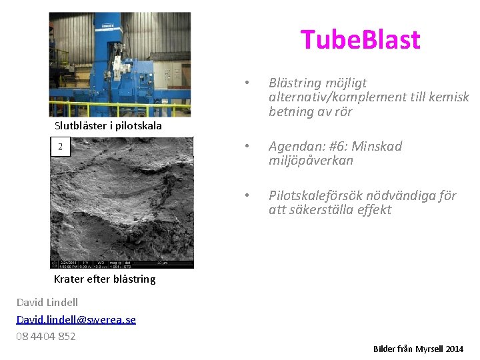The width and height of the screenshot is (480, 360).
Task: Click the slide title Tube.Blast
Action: tap(360, 40)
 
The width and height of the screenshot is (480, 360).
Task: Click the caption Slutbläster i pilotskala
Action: tap(108, 126)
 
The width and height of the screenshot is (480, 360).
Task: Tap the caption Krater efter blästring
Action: tap(105, 279)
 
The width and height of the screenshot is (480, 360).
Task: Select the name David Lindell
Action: tap(47, 303)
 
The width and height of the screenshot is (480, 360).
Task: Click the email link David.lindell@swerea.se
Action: tap(76, 319)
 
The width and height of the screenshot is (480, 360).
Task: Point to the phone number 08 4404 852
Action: tap(46, 336)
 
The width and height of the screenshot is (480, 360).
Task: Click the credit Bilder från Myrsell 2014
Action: tap(418, 349)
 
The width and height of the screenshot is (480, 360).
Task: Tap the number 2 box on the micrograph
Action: tap(61, 147)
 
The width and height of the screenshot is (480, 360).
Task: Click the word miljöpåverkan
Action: tap(311, 161)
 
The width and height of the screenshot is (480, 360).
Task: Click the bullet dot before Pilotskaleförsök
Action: tap(247, 196)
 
